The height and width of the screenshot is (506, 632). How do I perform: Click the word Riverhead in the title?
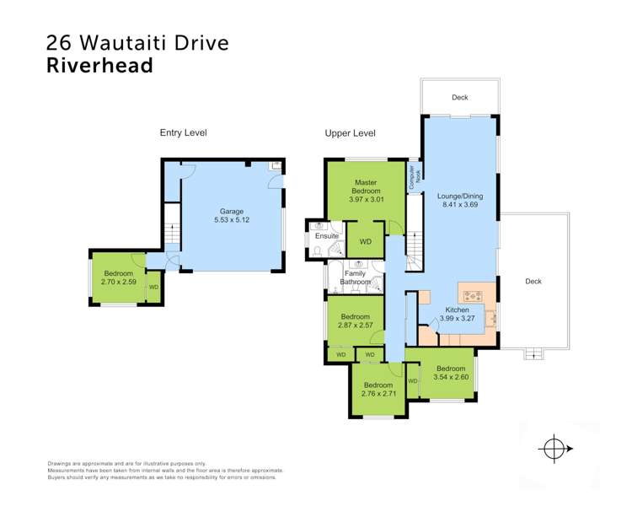pos(99,65)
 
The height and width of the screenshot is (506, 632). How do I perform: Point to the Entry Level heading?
pos(183,132)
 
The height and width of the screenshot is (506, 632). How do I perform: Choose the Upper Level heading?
pos(350,133)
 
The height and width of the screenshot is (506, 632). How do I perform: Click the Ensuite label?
pos(325,236)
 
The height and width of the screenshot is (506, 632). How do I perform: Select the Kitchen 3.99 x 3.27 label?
pos(456,315)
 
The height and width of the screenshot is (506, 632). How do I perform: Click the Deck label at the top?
pos(459,98)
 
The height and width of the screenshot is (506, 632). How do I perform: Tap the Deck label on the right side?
pos(532,282)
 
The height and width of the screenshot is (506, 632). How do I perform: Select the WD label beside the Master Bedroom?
pos(365,242)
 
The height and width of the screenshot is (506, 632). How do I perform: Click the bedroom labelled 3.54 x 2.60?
pos(451,373)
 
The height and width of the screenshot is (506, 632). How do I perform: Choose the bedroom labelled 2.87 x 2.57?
pos(355,322)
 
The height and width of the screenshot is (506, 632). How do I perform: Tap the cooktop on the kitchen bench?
pos(472,296)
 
